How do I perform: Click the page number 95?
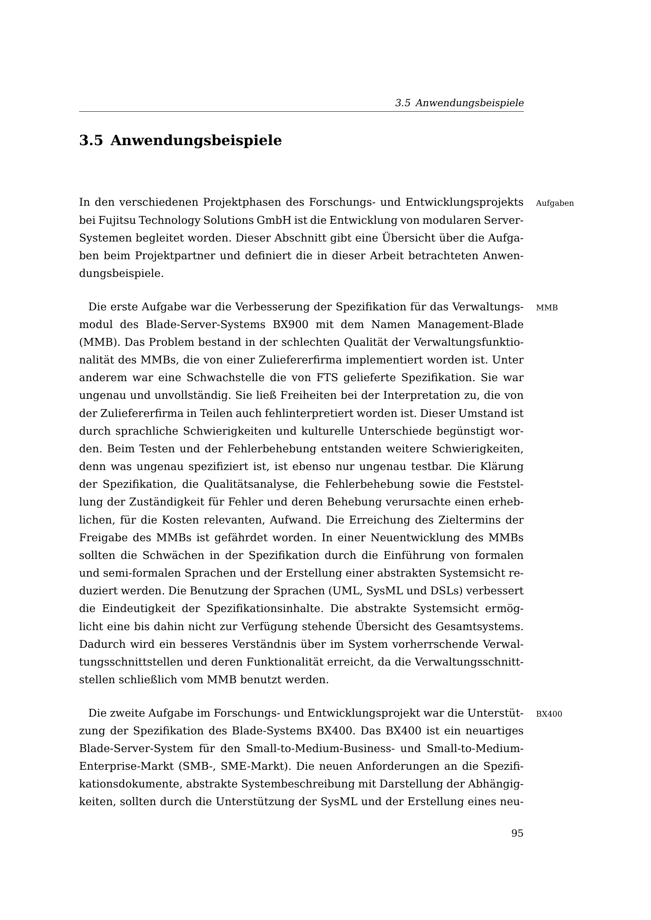(517, 833)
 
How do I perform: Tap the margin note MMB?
(546, 308)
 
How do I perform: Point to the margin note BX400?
(549, 714)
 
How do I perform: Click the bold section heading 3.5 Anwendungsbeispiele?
(180, 141)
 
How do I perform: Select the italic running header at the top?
(459, 103)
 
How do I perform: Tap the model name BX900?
(290, 324)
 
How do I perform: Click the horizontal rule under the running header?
(301, 112)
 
